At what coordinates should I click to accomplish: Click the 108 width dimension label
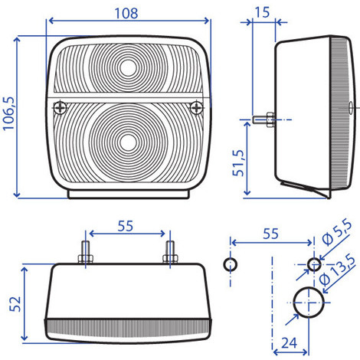[x=126, y=13]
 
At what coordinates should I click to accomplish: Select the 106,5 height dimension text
[x=9, y=113]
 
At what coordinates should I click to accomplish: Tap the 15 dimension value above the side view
[x=262, y=13]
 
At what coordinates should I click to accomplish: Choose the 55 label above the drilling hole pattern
[x=270, y=235]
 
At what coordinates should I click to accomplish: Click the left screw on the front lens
[x=59, y=106]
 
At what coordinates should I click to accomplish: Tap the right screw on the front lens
[x=198, y=106]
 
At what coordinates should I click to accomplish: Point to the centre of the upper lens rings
[x=129, y=67]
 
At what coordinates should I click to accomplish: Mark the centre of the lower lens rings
[x=129, y=142]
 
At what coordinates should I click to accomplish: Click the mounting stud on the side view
[x=262, y=119]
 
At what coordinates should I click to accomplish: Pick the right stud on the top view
[x=169, y=253]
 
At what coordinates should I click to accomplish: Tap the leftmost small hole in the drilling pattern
[x=228, y=264]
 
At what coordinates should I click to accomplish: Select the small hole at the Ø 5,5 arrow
[x=313, y=264]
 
